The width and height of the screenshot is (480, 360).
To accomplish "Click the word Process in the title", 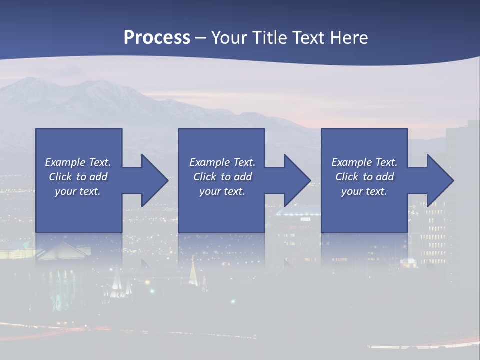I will coord(157,38).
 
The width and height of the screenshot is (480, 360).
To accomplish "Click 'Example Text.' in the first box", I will coord(78,162).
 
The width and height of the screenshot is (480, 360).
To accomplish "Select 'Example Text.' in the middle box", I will coord(222,162).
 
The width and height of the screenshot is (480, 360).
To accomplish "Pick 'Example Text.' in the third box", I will coord(364,162).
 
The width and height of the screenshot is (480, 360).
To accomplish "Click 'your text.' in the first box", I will coord(78,191).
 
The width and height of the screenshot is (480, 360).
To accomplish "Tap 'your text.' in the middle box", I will coord(222,191).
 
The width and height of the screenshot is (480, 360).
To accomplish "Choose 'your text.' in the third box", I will coord(364,191).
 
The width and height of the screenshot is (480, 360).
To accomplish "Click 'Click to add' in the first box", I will coord(78,177).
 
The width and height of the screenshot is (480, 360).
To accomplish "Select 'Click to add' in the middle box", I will coord(222,177).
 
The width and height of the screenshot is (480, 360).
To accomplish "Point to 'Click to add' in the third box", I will coord(364,177).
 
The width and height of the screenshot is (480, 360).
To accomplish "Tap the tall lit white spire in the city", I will coord(193,270).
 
